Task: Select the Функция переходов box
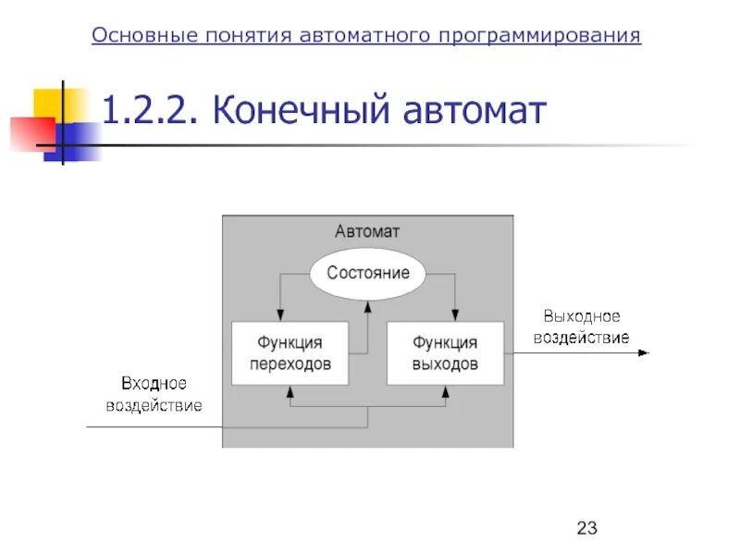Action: pyautogui.click(x=290, y=352)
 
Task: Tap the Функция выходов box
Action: pyautogui.click(x=445, y=352)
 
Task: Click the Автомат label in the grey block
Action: pyautogui.click(x=367, y=231)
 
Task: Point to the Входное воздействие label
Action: pyautogui.click(x=154, y=393)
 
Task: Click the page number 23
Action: pyautogui.click(x=587, y=528)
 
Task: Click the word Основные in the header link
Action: pyautogui.click(x=143, y=35)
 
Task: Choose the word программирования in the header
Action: pyautogui.click(x=540, y=35)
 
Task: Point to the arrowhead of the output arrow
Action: pyautogui.click(x=645, y=352)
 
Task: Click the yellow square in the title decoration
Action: pyautogui.click(x=51, y=104)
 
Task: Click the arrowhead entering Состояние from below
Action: pyautogui.click(x=367, y=302)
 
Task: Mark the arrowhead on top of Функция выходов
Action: pyautogui.click(x=454, y=316)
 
